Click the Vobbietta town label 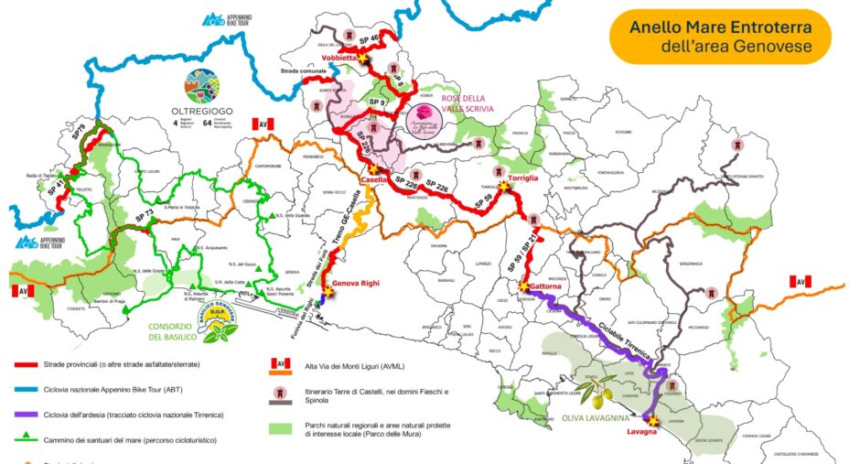(x=339, y=57)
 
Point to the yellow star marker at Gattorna (x=523, y=286)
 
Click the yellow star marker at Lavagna (x=654, y=420)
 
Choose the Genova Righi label (x=353, y=284)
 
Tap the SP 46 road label (x=368, y=41)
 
